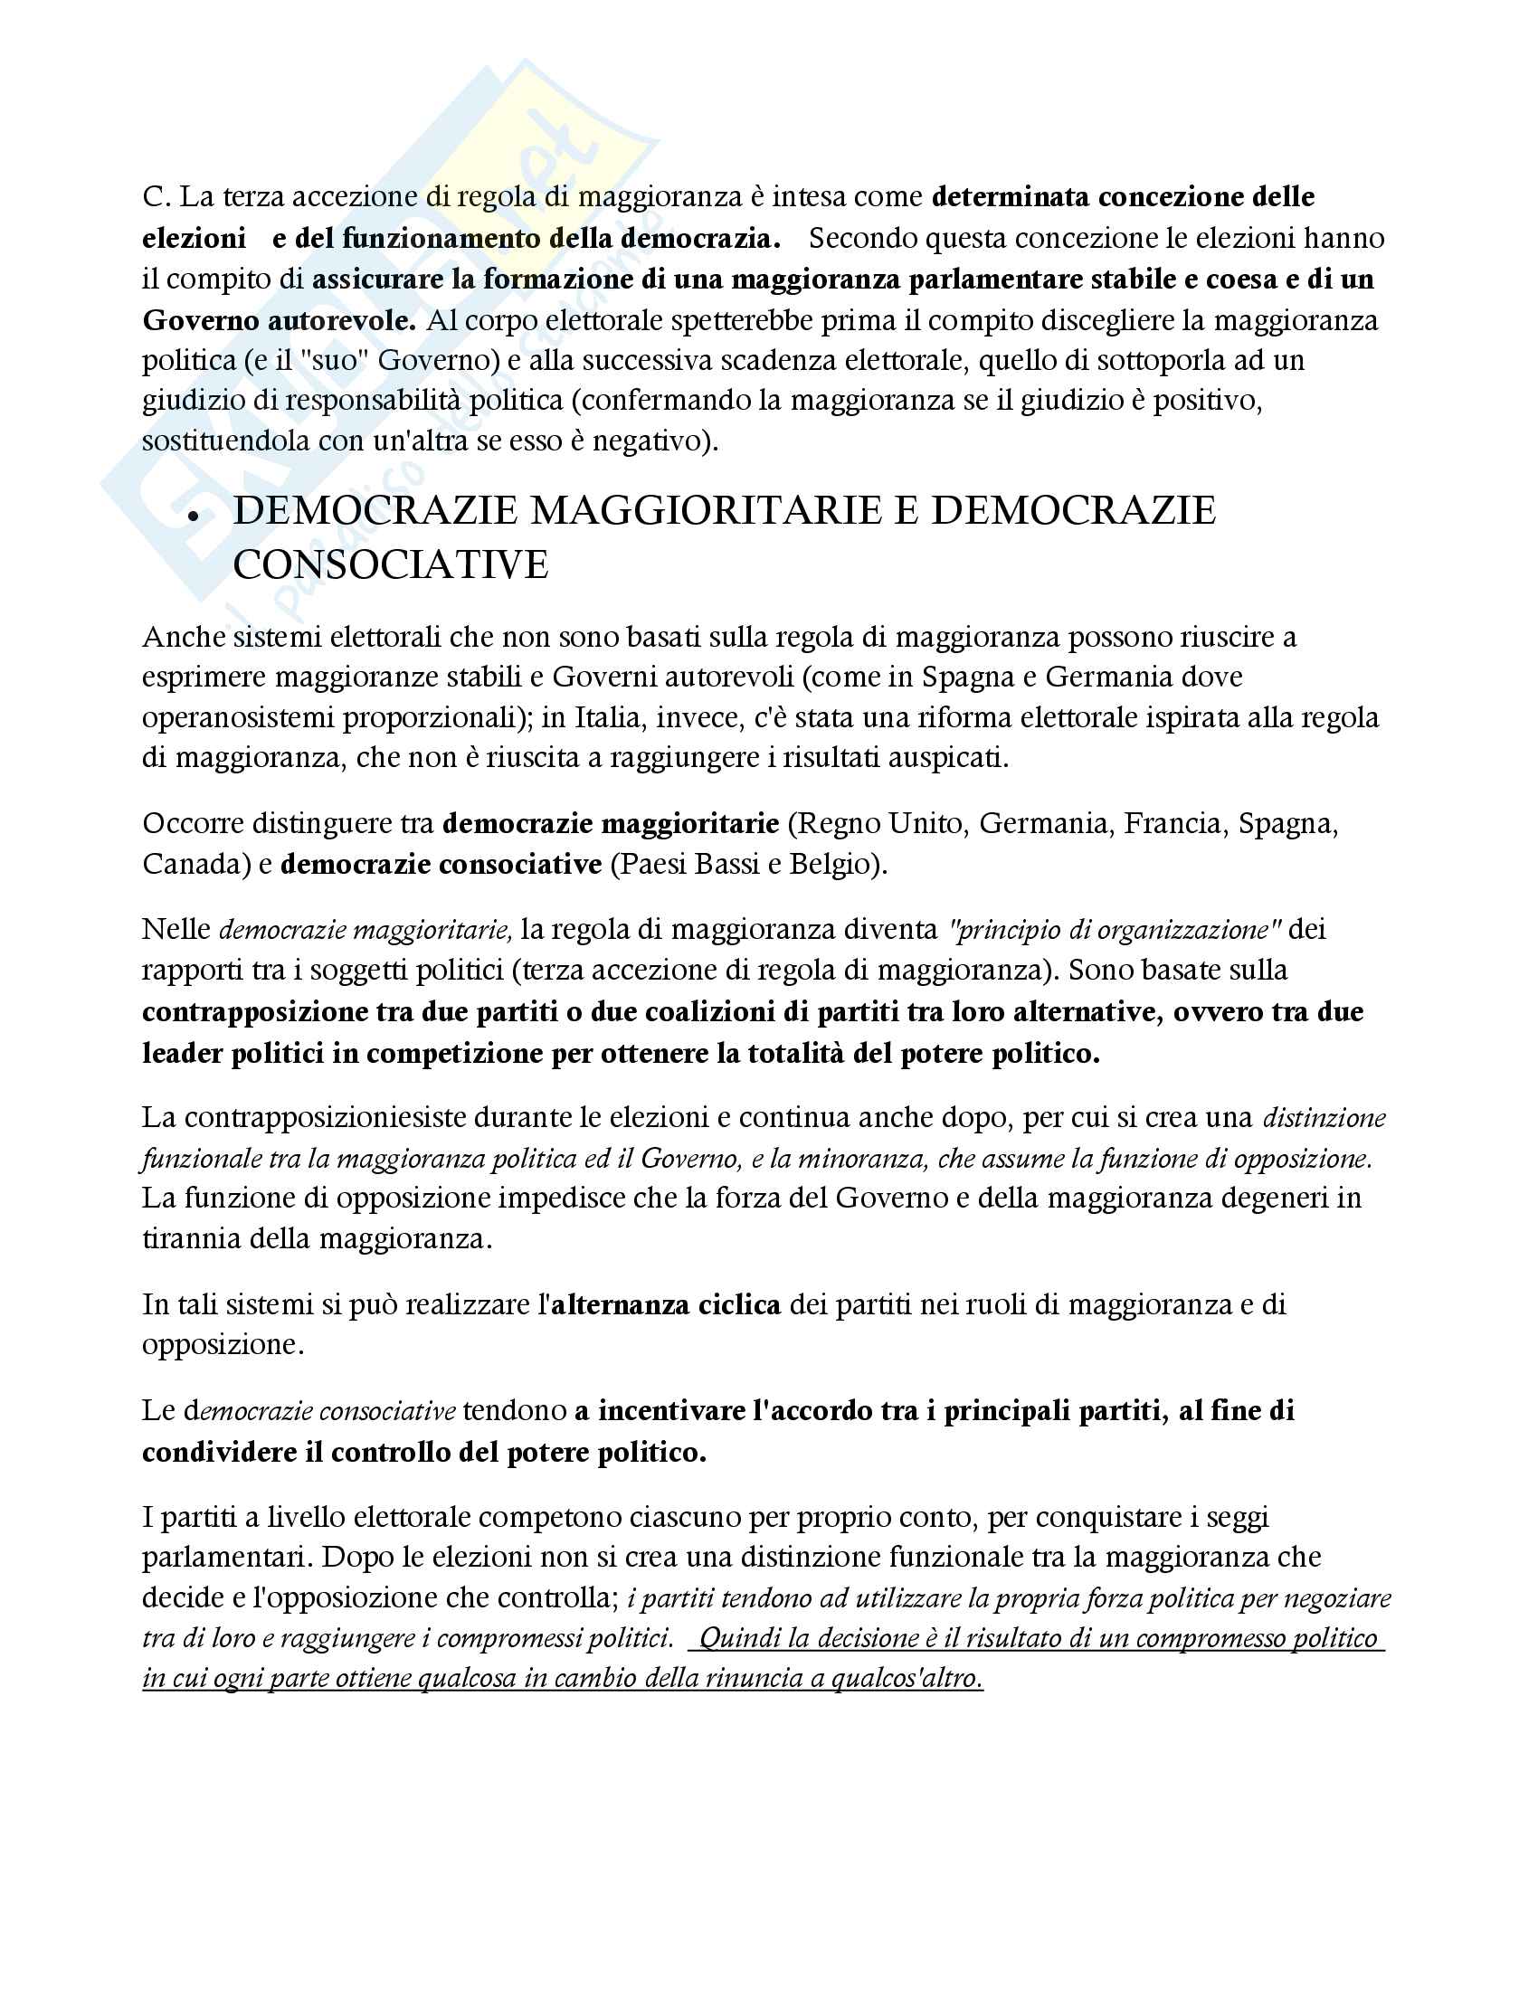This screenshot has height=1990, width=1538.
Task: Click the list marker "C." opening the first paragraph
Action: click(x=157, y=197)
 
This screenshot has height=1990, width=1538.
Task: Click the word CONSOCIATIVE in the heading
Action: click(x=391, y=565)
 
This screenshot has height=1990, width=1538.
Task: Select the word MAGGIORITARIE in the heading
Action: click(x=707, y=510)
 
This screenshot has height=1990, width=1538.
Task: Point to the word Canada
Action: click(x=196, y=863)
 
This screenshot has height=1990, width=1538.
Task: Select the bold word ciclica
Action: click(x=739, y=1304)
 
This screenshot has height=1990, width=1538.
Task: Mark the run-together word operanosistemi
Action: click(x=238, y=717)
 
